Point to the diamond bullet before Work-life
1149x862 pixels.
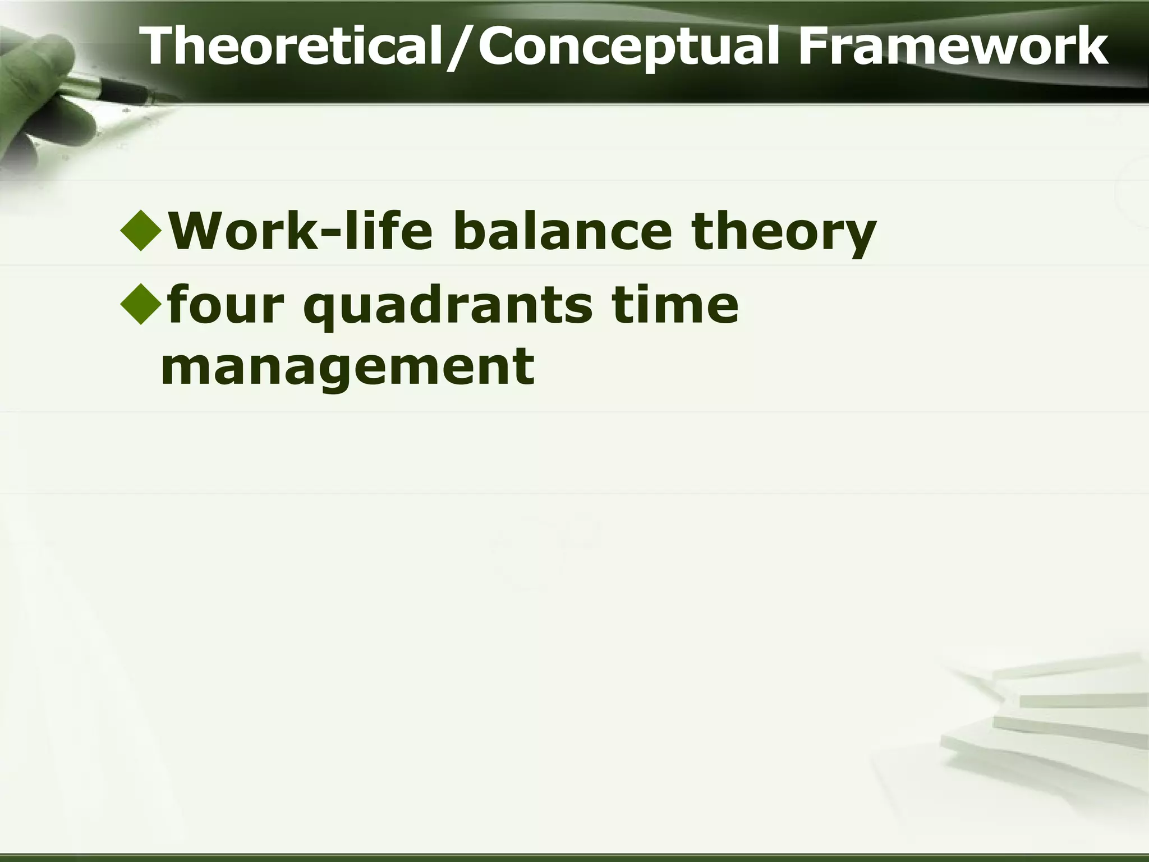140,231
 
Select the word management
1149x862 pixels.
347,368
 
